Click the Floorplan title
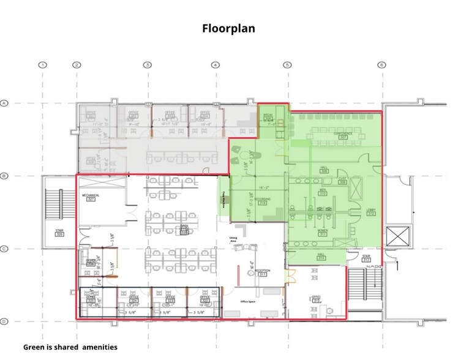pos(228,28)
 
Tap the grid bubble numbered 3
pos(148,65)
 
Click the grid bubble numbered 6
pos(381,65)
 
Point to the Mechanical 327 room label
pos(91,197)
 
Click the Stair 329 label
pos(59,233)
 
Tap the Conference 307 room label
pos(342,135)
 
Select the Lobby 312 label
pos(371,212)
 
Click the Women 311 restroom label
pos(323,232)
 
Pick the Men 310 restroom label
pos(322,192)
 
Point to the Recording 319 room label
pos(263,201)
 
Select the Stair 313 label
pos(367,258)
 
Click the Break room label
pos(268,117)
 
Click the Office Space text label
pos(247,301)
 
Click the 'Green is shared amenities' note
pos(70,347)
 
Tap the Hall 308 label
pos(324,170)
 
